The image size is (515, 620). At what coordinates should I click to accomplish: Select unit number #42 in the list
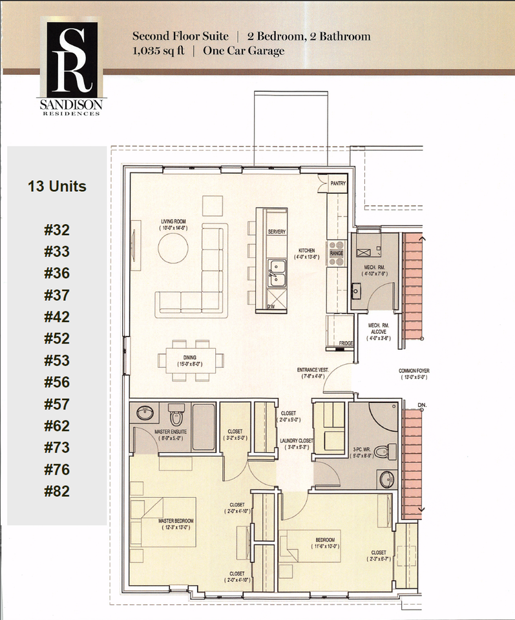pos(57,317)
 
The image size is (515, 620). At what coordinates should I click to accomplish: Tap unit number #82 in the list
pos(57,491)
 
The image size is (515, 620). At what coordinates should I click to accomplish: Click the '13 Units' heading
pos(57,187)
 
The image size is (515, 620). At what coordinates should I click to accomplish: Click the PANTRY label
pos(338,183)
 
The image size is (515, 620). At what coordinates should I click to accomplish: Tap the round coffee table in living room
pos(174,247)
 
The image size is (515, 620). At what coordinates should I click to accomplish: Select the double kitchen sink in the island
pos(279,271)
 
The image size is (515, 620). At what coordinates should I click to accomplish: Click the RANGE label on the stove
pos(337,254)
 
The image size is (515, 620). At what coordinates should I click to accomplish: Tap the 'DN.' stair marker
pos(422,406)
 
